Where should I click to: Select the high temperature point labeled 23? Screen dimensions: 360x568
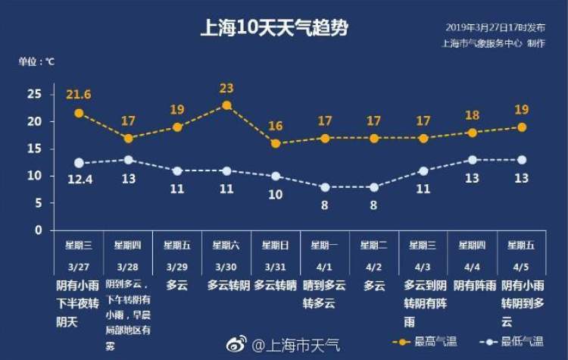pyautogui.click(x=226, y=105)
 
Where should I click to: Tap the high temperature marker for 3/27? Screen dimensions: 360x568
pyautogui.click(x=79, y=113)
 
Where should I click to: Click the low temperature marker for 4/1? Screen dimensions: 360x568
pyautogui.click(x=325, y=186)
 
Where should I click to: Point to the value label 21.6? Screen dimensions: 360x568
pyautogui.click(x=78, y=94)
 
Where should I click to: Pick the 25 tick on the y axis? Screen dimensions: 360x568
pyautogui.click(x=34, y=94)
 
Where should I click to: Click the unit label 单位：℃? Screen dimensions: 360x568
pyautogui.click(x=36, y=60)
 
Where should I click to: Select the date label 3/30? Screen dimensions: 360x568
pyautogui.click(x=226, y=268)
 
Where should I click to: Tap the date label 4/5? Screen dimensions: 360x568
pyautogui.click(x=522, y=268)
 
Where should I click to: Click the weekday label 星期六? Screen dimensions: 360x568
pyautogui.click(x=226, y=245)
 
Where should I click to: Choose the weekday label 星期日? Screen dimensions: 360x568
pyautogui.click(x=276, y=245)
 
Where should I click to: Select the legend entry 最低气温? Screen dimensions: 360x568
pyautogui.click(x=510, y=342)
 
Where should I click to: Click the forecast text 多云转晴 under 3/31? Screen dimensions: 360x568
pyautogui.click(x=276, y=286)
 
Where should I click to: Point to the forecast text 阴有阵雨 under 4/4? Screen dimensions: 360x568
pyautogui.click(x=474, y=286)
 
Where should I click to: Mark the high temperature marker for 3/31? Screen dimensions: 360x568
pyautogui.click(x=276, y=143)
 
